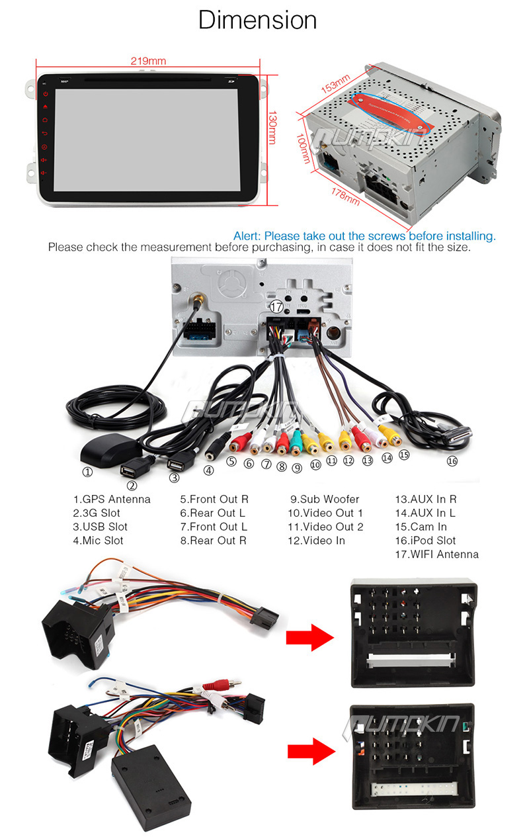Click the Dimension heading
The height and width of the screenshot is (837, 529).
(x=258, y=21)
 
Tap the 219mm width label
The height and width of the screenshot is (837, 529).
(x=148, y=61)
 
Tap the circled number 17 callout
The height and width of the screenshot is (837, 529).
(x=276, y=306)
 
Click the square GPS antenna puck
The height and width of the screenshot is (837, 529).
(x=99, y=455)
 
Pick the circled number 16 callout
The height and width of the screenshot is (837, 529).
(x=452, y=461)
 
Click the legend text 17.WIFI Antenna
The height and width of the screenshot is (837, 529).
(x=436, y=554)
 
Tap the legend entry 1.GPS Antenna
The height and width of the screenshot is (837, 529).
(x=111, y=500)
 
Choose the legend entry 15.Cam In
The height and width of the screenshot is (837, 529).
(x=421, y=527)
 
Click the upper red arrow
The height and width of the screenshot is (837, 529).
(x=308, y=638)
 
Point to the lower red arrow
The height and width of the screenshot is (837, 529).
(x=308, y=752)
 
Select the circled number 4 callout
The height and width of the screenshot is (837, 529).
(x=209, y=471)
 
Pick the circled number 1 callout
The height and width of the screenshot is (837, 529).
(x=87, y=472)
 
